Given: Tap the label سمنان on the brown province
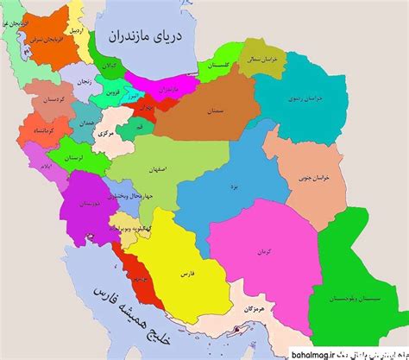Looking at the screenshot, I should pyautogui.click(x=217, y=112).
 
